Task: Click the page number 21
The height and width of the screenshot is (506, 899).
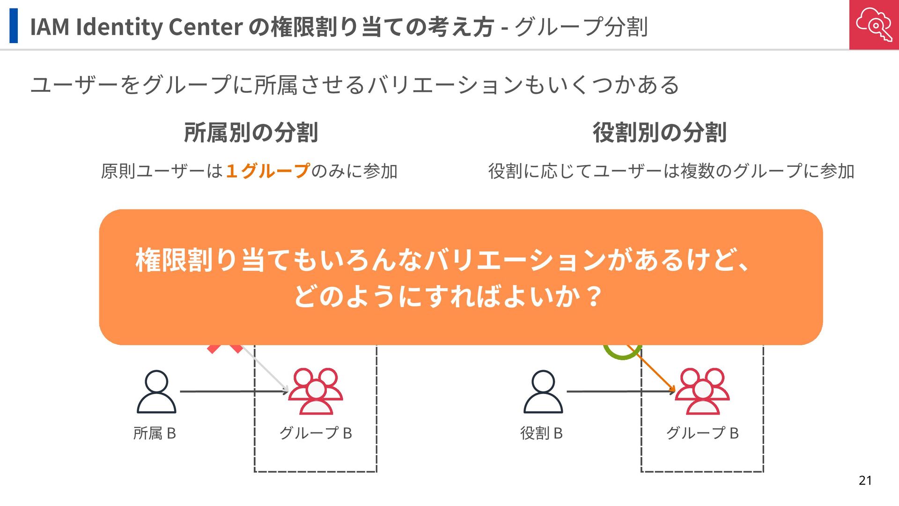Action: tap(865, 480)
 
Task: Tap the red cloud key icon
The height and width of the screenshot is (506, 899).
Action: tap(874, 24)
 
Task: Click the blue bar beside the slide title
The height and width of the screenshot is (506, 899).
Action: tap(14, 26)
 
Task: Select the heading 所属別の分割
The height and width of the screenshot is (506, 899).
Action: tap(251, 133)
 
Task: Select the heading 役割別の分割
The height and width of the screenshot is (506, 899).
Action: tap(660, 133)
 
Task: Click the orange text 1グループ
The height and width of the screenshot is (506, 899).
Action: tap(267, 171)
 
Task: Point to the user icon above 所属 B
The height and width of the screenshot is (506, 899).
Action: tap(156, 392)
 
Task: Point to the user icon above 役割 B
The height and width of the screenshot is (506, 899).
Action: tap(543, 392)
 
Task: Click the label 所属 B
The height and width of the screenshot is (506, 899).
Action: tap(155, 433)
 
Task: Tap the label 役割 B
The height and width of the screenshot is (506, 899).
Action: tap(541, 433)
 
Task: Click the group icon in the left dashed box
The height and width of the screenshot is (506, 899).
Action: tap(315, 392)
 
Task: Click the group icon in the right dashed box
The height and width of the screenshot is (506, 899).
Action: tap(702, 392)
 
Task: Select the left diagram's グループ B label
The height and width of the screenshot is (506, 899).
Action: tap(315, 433)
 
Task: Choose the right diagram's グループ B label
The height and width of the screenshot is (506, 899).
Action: tap(702, 433)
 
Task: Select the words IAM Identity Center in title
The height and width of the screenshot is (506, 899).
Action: tap(136, 27)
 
